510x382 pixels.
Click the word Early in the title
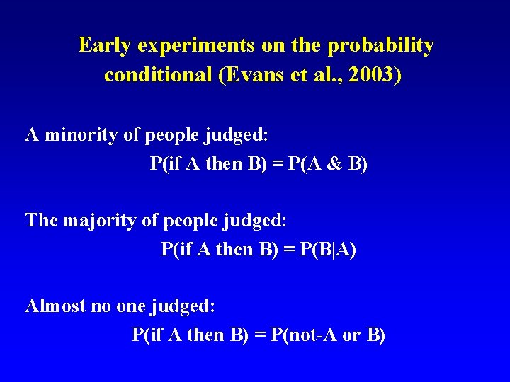click(x=105, y=45)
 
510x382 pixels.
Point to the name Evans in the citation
click(x=256, y=75)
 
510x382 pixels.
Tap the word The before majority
click(x=42, y=220)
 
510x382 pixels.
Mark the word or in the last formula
click(x=351, y=335)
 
